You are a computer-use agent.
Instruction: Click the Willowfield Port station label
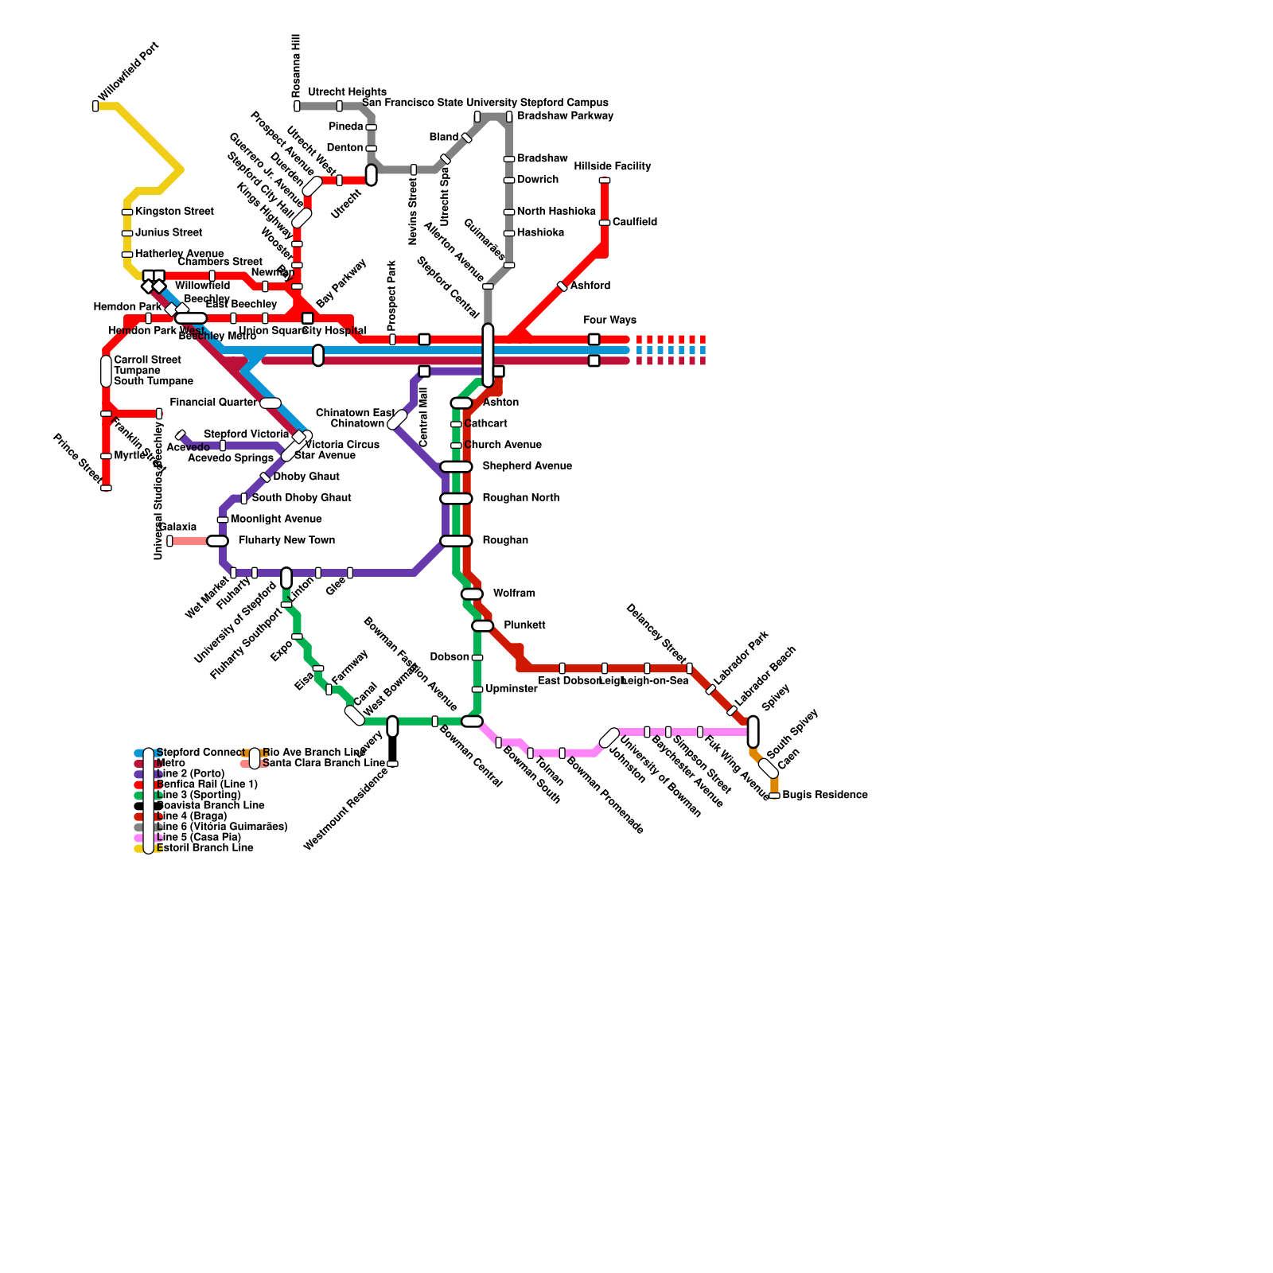[129, 72]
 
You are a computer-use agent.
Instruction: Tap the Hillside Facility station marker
[605, 181]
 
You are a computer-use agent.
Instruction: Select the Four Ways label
[609, 321]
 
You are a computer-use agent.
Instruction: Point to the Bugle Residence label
[824, 795]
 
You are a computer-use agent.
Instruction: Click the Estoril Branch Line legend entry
[204, 848]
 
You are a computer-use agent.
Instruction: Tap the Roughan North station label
[520, 498]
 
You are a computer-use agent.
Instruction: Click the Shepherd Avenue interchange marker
[456, 466]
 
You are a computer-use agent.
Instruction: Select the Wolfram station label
[514, 594]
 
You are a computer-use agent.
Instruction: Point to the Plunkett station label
[524, 625]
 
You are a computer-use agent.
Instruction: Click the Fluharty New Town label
[286, 540]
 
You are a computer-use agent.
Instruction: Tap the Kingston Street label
[174, 212]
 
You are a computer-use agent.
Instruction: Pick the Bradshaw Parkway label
[565, 116]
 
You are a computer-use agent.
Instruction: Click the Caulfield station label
[634, 222]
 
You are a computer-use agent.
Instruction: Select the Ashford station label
[590, 286]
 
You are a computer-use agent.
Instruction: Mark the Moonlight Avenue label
[276, 519]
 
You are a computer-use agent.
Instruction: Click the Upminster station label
[511, 689]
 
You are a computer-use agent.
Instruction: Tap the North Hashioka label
[556, 212]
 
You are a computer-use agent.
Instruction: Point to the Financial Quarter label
[213, 403]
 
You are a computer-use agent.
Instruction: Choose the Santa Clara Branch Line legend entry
[323, 763]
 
